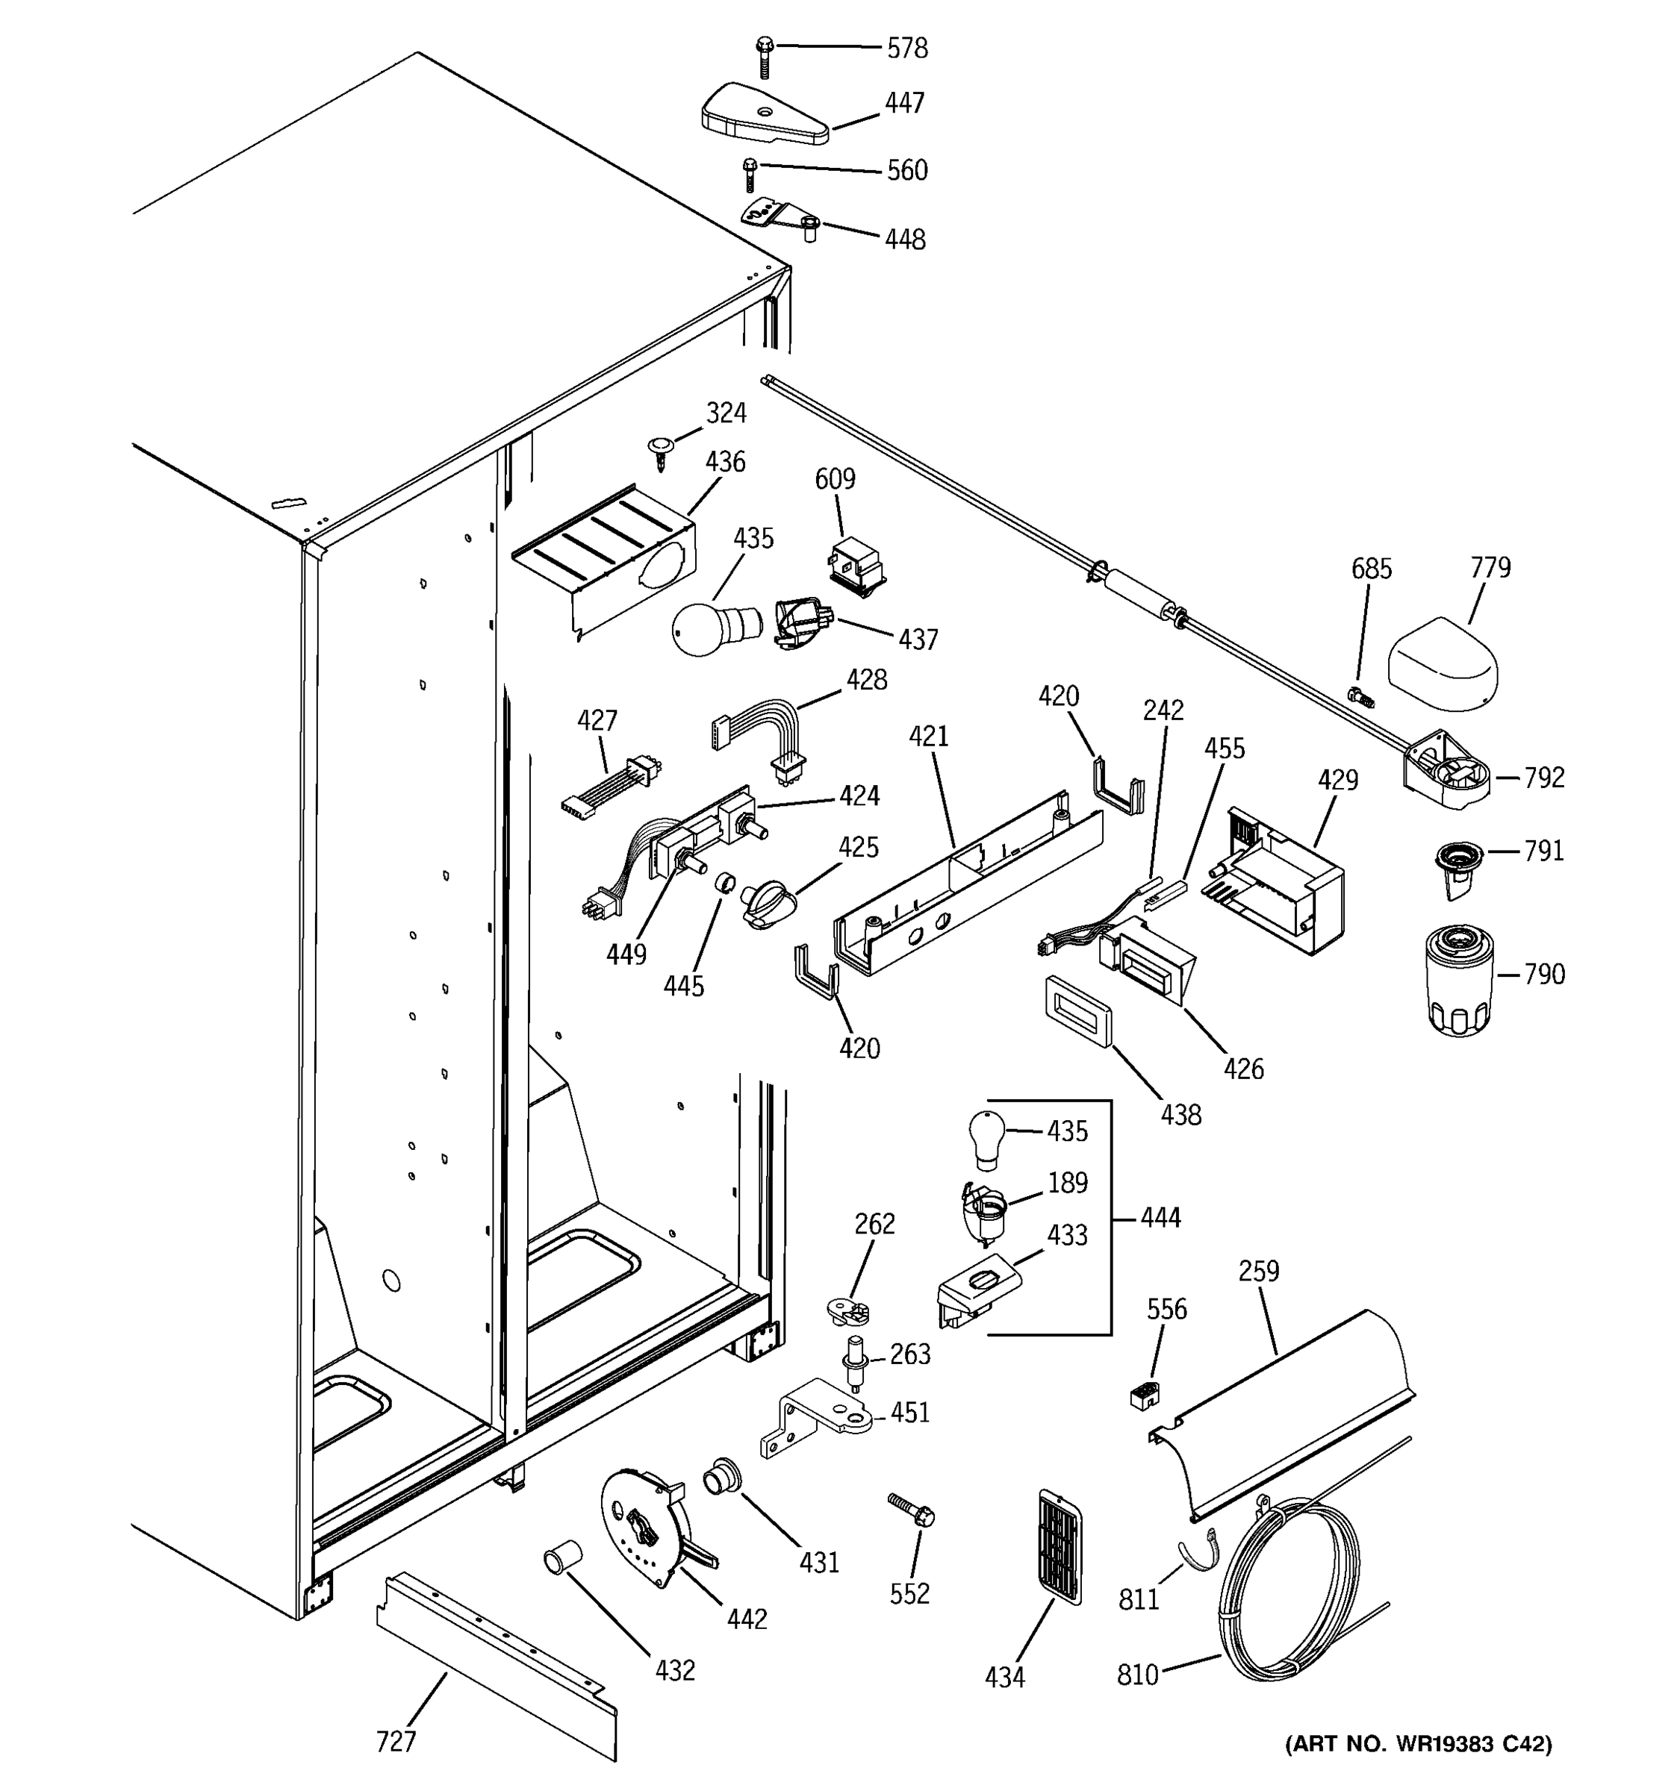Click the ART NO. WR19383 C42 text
click(1419, 1769)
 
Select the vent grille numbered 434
click(1060, 1547)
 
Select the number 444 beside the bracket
click(1160, 1217)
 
